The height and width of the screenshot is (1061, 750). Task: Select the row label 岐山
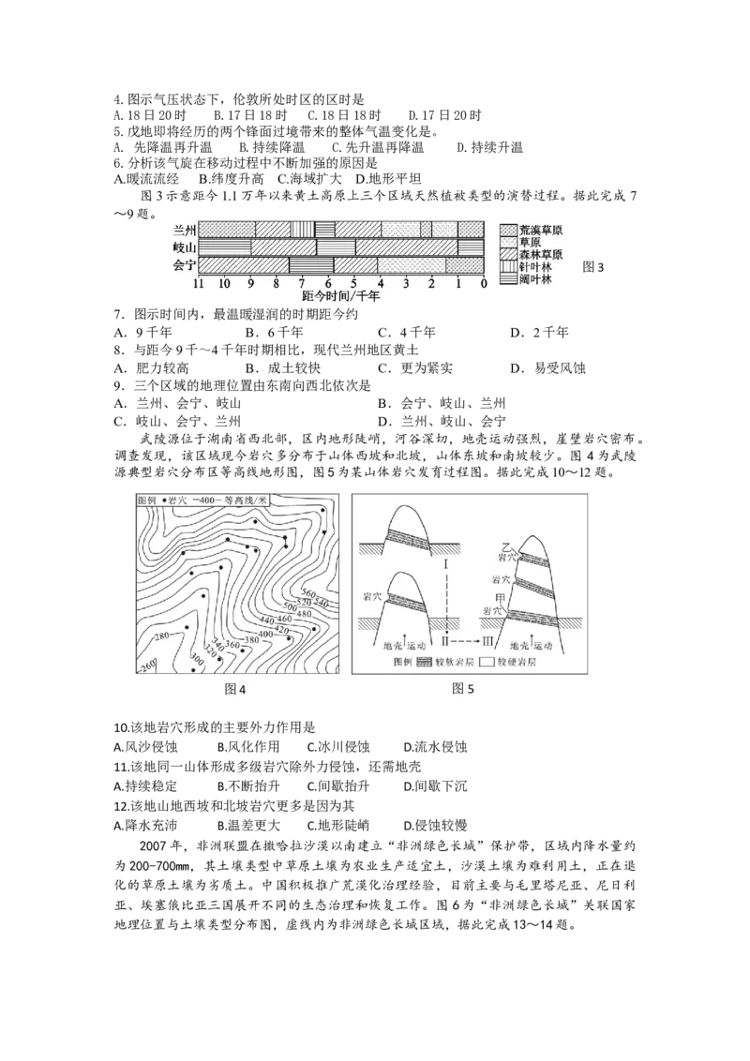(x=184, y=247)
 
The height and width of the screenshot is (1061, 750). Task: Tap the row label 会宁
(x=184, y=265)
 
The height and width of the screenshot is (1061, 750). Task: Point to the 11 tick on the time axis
(x=198, y=283)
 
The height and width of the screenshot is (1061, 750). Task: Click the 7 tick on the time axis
(x=302, y=283)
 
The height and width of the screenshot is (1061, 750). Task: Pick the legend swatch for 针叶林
(x=507, y=267)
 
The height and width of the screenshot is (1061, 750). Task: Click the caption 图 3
(x=593, y=267)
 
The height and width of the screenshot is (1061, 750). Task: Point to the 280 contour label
(x=161, y=637)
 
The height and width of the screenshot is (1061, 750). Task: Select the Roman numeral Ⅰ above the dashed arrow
(x=447, y=566)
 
